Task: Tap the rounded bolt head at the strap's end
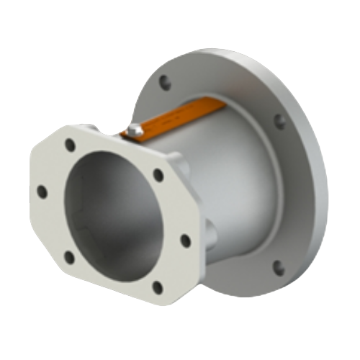[x=134, y=130]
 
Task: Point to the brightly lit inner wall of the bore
[x=155, y=216]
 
